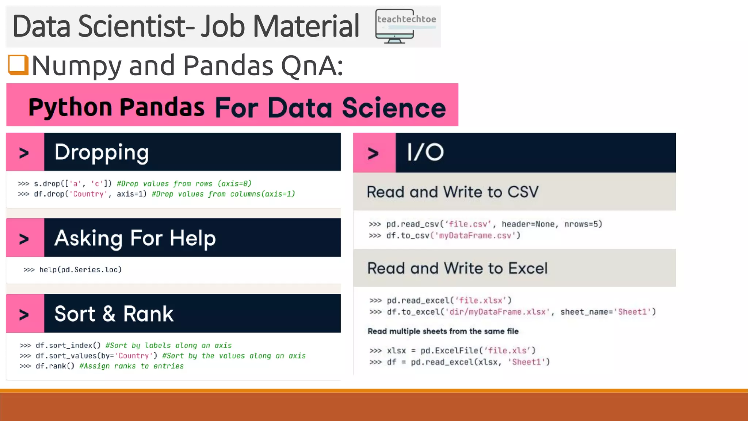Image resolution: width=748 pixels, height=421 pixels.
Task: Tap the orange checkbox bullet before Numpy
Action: [x=18, y=65]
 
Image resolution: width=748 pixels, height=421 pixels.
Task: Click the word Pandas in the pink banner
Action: [x=162, y=107]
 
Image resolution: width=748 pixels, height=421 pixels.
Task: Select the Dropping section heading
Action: [x=102, y=152]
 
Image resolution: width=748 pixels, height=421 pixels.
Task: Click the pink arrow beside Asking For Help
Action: [x=24, y=239]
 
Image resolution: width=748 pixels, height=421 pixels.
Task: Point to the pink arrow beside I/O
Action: [x=373, y=153]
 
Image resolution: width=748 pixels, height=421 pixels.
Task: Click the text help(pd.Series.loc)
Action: [x=80, y=270]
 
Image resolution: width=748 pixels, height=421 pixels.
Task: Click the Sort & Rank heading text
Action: [x=114, y=314]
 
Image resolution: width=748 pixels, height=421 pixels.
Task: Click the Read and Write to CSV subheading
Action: [x=453, y=192]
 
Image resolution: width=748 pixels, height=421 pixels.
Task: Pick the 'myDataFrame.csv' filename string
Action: [x=475, y=236]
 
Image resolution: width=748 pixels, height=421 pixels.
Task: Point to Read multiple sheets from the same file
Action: [x=443, y=331]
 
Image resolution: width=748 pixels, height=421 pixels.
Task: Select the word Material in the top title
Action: [x=306, y=26]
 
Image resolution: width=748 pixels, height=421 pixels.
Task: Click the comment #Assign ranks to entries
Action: [x=131, y=366]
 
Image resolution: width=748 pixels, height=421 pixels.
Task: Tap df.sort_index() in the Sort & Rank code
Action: [x=68, y=345]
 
